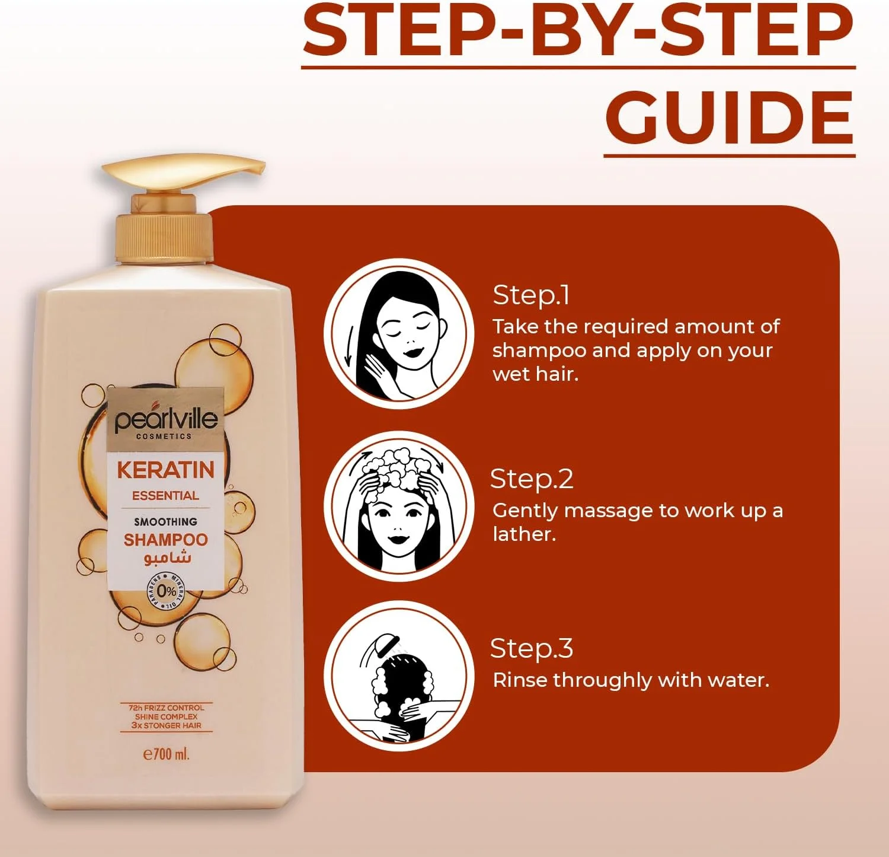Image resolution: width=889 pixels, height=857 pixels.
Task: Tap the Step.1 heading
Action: coord(531,295)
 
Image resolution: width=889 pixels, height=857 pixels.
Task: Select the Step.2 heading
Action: coord(532,479)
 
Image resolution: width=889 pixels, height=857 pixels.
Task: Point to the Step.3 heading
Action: coord(532,649)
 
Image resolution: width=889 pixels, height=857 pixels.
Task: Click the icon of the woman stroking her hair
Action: coord(399,333)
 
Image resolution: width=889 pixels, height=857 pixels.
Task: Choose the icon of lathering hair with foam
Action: coord(399,506)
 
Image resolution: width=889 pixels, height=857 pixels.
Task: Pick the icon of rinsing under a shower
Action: coord(399,676)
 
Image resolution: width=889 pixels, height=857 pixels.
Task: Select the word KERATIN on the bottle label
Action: coord(165,470)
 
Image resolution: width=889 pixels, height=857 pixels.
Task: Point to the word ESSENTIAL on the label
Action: coord(165,496)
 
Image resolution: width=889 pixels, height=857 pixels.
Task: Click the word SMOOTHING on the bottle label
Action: coord(165,522)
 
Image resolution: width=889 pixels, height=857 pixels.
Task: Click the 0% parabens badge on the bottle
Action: coord(167,591)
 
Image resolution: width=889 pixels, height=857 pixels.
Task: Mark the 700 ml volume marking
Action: coord(167,754)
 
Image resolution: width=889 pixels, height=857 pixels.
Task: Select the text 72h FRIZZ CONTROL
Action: coord(166,708)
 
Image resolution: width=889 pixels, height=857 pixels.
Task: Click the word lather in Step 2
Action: coord(525,534)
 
